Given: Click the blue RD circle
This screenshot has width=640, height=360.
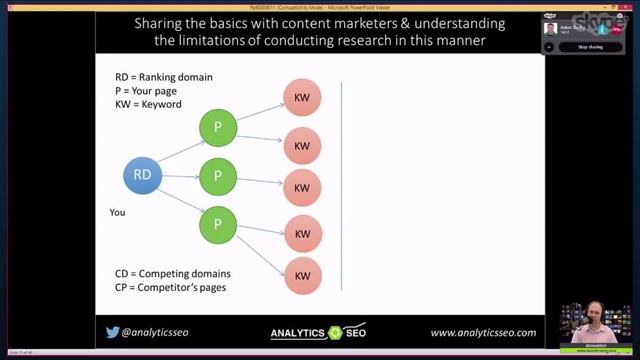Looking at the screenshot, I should pos(142,175).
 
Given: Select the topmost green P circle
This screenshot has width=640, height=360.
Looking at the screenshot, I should pos(217,127).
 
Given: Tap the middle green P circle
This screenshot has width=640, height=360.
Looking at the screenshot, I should pos(217,176).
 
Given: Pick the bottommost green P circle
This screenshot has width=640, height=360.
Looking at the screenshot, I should pos(217,223).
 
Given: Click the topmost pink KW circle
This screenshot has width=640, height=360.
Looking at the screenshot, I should pos(302,98).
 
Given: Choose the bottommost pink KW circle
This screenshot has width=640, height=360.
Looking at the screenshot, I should pos(302,276).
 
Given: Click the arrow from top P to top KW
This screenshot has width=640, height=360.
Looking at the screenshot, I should pos(259,112).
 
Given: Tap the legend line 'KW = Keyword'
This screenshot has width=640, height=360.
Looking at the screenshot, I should pos(149,104).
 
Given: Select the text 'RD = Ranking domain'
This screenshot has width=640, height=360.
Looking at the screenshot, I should pos(164,77).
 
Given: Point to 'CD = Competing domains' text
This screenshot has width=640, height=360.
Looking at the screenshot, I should pos(172,273).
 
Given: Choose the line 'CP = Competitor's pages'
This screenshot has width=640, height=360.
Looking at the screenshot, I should pos(169,287).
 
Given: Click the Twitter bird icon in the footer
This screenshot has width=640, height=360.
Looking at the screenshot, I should pos(112,333).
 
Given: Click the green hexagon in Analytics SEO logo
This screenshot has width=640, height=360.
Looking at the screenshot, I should pos(336,333).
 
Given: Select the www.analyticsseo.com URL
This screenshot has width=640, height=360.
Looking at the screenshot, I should pos(483,333).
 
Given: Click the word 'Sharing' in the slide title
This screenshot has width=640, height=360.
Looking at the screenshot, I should pos(164,23).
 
